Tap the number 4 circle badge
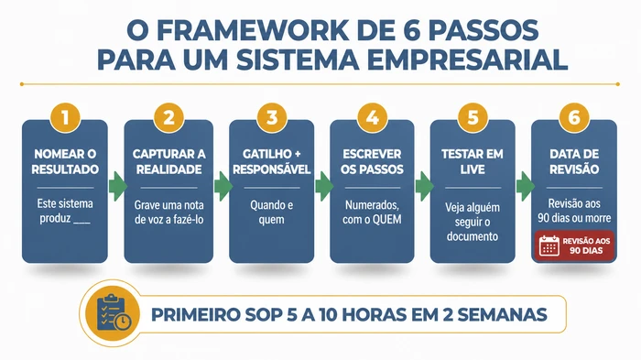click(x=370, y=117)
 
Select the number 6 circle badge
click(x=573, y=117)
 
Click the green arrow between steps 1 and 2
click(x=116, y=188)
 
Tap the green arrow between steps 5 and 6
click(x=523, y=188)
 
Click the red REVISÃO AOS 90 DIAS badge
click(x=574, y=245)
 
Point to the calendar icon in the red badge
click(x=549, y=245)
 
